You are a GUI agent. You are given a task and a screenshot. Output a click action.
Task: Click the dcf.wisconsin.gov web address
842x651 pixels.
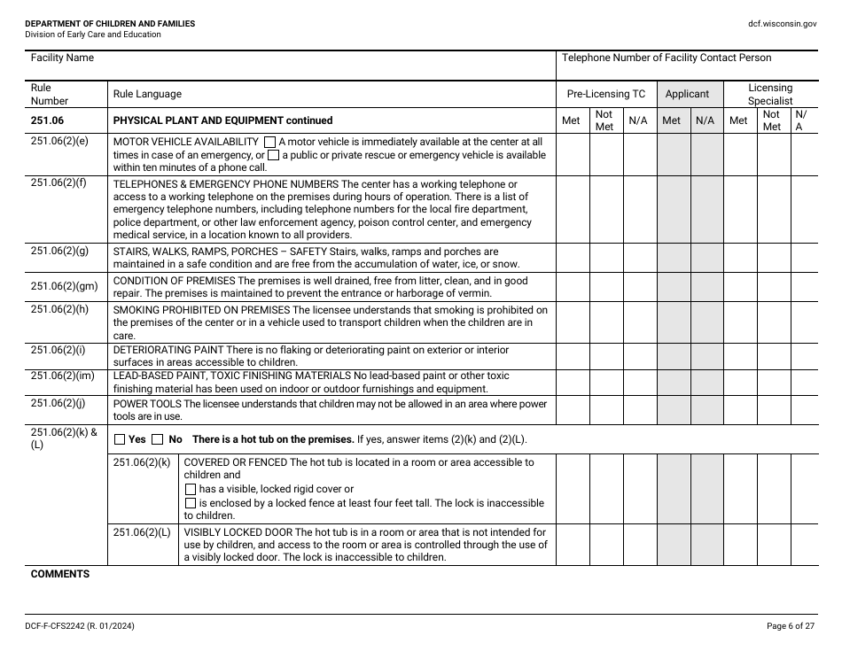(783, 24)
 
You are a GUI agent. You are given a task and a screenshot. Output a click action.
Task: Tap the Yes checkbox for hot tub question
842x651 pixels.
(120, 439)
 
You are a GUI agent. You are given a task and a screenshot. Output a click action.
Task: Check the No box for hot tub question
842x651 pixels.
(158, 439)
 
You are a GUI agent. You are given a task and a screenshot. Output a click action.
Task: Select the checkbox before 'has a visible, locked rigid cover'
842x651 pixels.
(190, 489)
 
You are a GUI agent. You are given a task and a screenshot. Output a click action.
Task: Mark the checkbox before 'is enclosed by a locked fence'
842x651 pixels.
(190, 503)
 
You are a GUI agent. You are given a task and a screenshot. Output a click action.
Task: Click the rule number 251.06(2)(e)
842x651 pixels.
(59, 142)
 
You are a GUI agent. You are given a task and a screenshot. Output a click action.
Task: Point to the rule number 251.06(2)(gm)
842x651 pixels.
(64, 286)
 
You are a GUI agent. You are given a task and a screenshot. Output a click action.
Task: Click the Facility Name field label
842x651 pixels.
(62, 58)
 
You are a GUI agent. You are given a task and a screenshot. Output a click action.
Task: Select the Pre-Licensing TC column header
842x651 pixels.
(606, 94)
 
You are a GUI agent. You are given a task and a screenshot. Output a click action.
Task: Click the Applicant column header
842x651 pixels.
(687, 94)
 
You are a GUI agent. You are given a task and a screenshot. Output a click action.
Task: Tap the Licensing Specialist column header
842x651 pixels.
(770, 94)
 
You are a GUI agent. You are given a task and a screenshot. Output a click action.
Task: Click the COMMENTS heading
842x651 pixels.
(60, 574)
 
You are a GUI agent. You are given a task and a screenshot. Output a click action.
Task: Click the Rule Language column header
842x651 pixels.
(147, 94)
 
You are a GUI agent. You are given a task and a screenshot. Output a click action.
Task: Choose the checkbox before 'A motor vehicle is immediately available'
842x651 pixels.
(269, 142)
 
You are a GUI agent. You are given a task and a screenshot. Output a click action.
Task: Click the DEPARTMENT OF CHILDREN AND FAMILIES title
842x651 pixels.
(110, 24)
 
